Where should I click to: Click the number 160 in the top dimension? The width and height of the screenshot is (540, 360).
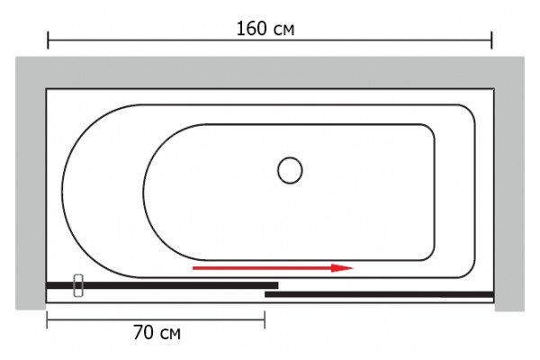[x=251, y=28]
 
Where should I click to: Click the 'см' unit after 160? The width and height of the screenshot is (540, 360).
[x=284, y=31]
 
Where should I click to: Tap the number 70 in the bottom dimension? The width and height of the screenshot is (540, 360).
[x=142, y=332]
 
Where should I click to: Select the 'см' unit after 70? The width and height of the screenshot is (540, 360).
[x=170, y=334]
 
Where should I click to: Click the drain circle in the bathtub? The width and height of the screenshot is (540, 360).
[x=290, y=170]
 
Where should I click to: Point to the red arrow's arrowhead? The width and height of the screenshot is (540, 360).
[x=342, y=267]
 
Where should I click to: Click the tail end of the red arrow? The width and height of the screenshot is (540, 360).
[x=193, y=268]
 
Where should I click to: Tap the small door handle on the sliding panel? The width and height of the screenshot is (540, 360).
[x=78, y=285]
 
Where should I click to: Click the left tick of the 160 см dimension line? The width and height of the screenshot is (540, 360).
[x=48, y=40]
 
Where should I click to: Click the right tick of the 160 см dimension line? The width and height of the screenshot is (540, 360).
[x=491, y=40]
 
